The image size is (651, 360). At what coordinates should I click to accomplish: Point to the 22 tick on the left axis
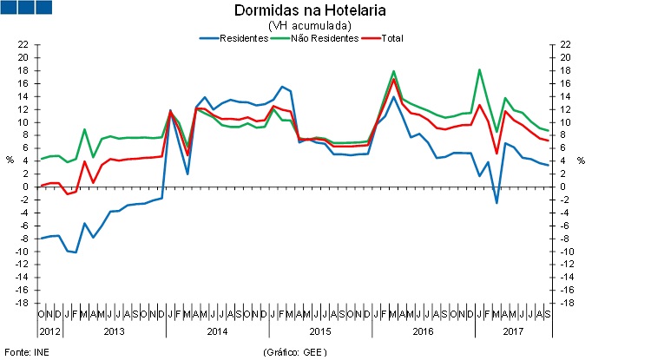click(x=23, y=44)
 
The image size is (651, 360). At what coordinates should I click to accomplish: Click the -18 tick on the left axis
click(x=23, y=303)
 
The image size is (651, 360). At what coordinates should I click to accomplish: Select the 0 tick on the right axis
click(x=564, y=187)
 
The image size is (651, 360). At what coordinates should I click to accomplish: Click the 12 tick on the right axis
click(x=566, y=109)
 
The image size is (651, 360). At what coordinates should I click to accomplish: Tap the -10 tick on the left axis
click(x=23, y=252)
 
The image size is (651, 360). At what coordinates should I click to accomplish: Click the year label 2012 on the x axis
click(x=49, y=331)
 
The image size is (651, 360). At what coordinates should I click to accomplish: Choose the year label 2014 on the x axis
click(x=217, y=331)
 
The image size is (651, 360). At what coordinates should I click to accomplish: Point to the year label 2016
click(x=423, y=331)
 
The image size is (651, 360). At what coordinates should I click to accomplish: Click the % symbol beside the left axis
click(x=10, y=160)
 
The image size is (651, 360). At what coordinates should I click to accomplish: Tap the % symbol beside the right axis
click(x=581, y=160)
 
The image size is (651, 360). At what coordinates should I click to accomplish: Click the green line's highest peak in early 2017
click(x=479, y=69)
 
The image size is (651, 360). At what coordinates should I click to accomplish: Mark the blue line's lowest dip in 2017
click(x=496, y=203)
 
